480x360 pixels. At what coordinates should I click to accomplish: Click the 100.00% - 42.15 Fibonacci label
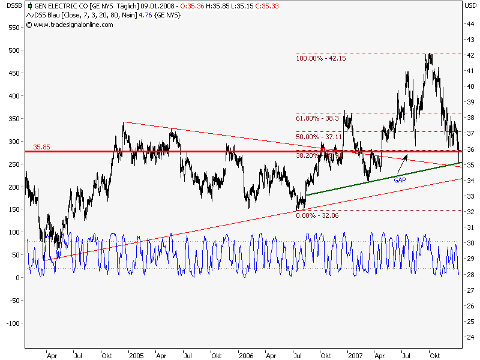click(320, 58)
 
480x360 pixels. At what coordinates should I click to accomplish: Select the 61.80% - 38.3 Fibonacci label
click(317, 118)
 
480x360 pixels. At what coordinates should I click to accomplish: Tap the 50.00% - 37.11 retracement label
click(319, 137)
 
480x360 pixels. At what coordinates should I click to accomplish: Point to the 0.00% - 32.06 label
click(318, 215)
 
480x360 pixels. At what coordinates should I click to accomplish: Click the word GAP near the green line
click(401, 179)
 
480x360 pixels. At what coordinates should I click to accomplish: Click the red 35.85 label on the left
click(41, 146)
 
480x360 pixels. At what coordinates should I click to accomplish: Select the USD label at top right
click(472, 5)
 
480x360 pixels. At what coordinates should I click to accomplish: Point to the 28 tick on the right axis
click(472, 275)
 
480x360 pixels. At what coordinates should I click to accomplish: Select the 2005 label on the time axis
click(136, 355)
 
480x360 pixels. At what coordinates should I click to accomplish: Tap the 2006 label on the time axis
click(246, 355)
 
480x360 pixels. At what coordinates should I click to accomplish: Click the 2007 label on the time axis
click(356, 355)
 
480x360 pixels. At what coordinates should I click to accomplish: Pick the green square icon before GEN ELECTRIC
click(31, 6)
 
